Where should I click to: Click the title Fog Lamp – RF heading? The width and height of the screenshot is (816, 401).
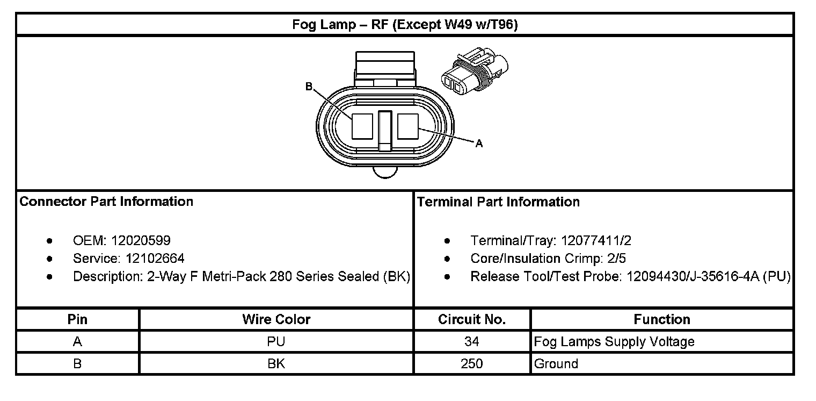pyautogui.click(x=405, y=25)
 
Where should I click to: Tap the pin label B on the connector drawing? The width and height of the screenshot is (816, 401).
pyautogui.click(x=309, y=86)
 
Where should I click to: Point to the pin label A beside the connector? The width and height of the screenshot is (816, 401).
pyautogui.click(x=479, y=143)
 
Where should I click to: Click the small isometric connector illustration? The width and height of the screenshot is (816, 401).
pyautogui.click(x=474, y=74)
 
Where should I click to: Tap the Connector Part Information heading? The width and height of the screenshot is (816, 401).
pyautogui.click(x=106, y=202)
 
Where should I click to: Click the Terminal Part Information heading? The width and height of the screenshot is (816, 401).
pyautogui.click(x=498, y=202)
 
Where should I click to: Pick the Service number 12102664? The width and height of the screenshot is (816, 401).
pyautogui.click(x=155, y=259)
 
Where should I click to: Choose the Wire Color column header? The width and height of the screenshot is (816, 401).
pyautogui.click(x=276, y=319)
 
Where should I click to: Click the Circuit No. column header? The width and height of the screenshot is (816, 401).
pyautogui.click(x=472, y=319)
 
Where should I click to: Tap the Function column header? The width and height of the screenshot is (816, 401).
pyautogui.click(x=661, y=319)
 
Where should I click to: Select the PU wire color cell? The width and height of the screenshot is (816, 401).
pyautogui.click(x=276, y=341)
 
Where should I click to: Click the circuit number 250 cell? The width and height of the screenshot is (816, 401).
pyautogui.click(x=472, y=363)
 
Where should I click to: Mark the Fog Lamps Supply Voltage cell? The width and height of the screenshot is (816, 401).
pyautogui.click(x=614, y=341)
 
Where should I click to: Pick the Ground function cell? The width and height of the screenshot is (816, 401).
pyautogui.click(x=556, y=363)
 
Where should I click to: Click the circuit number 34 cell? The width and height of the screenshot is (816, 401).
pyautogui.click(x=472, y=341)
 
